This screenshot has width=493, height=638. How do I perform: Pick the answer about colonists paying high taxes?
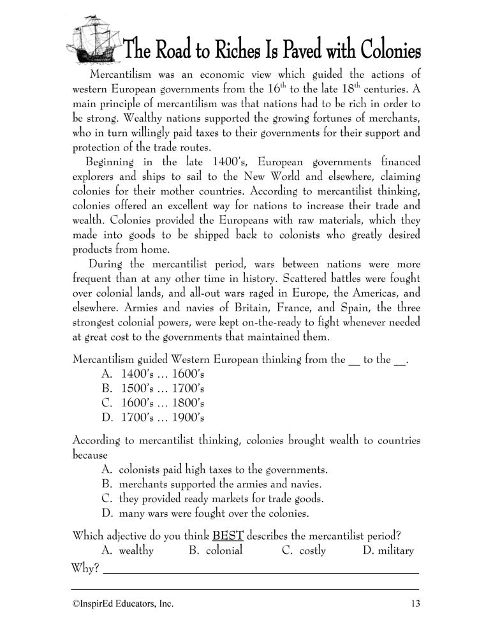[x=214, y=470]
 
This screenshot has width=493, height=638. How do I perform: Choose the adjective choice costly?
[x=305, y=550]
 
